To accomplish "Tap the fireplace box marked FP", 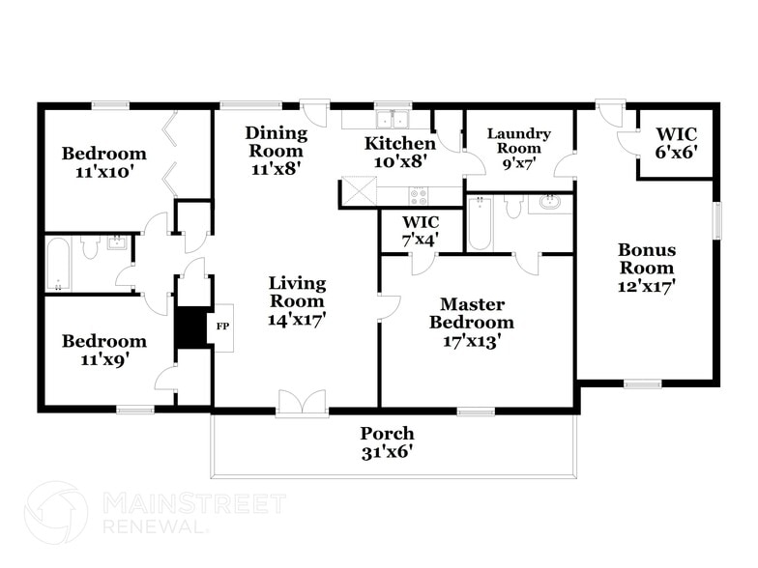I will coord(220,327).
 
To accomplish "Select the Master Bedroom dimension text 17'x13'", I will coord(471,340).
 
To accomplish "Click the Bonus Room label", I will coord(647,259).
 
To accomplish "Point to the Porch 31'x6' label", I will coord(387,442).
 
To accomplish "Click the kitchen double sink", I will coord(393,120).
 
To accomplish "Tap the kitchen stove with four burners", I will coord(419,195).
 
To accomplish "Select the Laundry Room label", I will coord(518,141).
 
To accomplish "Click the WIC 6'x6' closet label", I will coord(676,142).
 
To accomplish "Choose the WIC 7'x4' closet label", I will coord(422,230).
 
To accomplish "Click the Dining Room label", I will coord(276,142).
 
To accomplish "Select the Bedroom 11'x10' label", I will coord(103,162).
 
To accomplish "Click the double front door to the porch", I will coord(303,404).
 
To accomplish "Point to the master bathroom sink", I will coord(549,204).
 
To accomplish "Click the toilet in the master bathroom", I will coord(513,206).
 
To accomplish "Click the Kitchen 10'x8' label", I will coord(399,153).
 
